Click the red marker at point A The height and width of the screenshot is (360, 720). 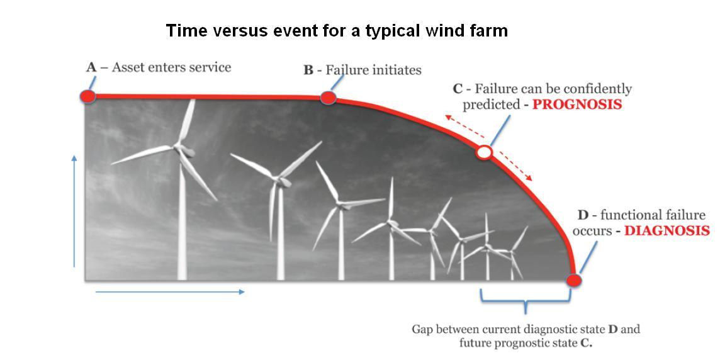[x=87, y=96]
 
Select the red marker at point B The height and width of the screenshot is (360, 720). [x=328, y=98]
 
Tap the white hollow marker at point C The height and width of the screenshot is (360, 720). [x=484, y=152]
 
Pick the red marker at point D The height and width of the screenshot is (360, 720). [x=573, y=280]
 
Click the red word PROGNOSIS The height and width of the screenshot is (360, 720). [x=577, y=104]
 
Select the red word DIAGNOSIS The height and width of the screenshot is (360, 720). [x=667, y=230]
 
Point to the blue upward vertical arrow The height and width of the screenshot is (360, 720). [x=74, y=211]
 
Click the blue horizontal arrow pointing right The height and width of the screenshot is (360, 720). [x=170, y=292]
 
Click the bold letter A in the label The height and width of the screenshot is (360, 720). [x=91, y=67]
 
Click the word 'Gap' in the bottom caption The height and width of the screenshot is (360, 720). [x=422, y=330]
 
